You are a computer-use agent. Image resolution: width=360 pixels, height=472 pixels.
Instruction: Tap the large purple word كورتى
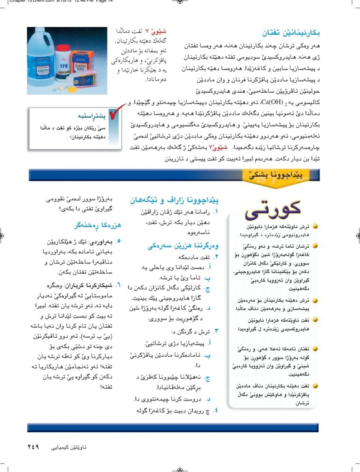[273, 210]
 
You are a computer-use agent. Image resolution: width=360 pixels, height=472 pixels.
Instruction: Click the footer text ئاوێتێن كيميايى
[67, 447]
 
